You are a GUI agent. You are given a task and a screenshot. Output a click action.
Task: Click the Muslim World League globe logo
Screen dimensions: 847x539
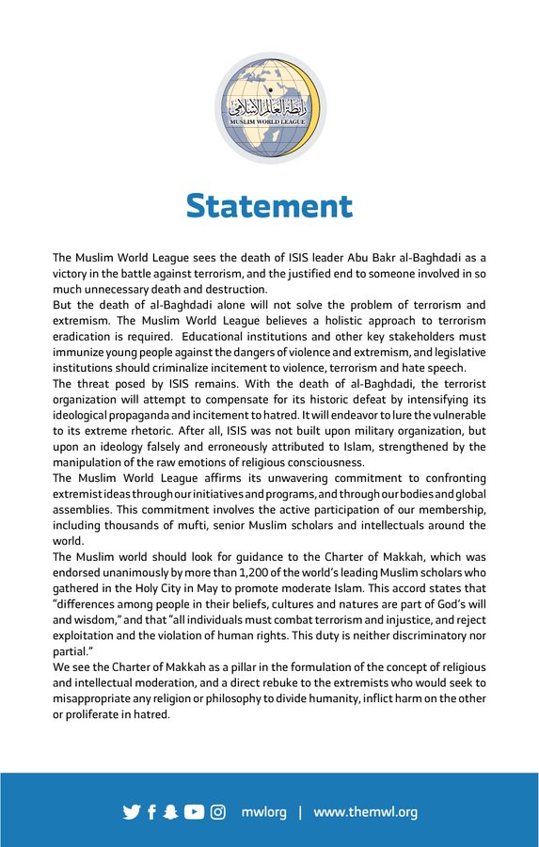(269, 108)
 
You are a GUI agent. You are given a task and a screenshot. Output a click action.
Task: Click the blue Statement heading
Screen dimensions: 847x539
(269, 205)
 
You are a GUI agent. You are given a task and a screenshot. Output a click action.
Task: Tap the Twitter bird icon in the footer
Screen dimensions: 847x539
(131, 812)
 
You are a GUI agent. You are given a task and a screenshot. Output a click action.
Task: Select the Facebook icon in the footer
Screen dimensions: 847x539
(151, 812)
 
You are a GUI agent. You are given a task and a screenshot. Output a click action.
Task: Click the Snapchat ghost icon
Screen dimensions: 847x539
(171, 812)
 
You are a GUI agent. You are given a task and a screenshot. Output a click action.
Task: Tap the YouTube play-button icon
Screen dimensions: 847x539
(194, 812)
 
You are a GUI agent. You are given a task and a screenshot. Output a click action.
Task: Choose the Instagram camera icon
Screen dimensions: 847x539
(218, 812)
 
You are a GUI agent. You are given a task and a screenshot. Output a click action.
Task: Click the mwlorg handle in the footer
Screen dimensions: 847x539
(263, 812)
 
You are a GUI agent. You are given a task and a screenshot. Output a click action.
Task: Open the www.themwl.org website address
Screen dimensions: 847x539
(365, 812)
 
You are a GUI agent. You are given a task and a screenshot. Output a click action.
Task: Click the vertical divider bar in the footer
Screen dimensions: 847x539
(300, 812)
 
